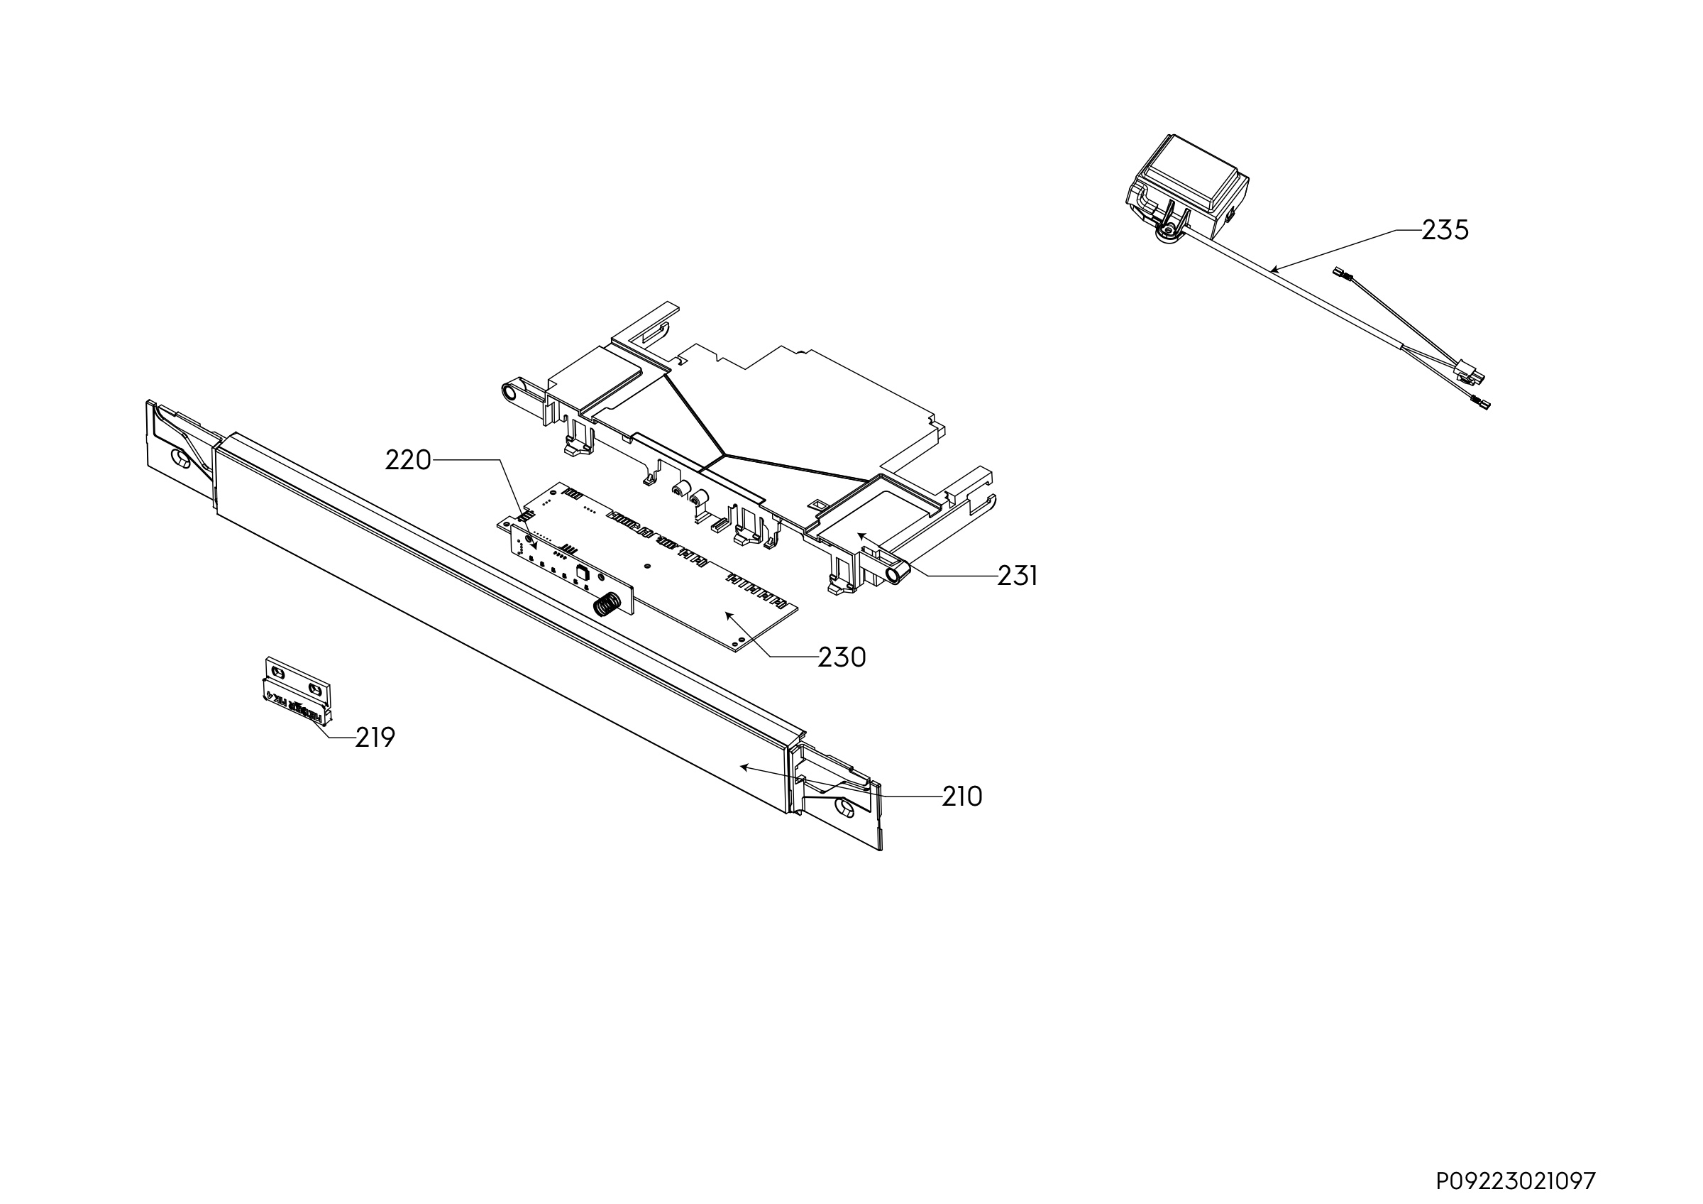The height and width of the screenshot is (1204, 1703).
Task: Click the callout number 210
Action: point(962,797)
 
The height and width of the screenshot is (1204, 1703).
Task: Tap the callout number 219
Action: point(375,738)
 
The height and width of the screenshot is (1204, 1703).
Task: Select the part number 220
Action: point(408,461)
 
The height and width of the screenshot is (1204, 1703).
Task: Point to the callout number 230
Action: point(842,657)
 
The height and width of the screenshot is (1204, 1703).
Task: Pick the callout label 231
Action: point(1017,576)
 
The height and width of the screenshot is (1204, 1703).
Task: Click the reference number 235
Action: point(1445,230)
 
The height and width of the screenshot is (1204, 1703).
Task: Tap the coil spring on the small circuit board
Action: point(607,606)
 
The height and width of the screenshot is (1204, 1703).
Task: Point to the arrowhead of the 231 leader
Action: point(861,535)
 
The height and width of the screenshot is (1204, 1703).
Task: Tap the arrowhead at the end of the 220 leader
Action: point(534,546)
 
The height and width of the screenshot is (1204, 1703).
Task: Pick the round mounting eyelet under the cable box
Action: point(1166,234)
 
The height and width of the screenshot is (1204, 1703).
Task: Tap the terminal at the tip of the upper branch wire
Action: point(1343,275)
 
